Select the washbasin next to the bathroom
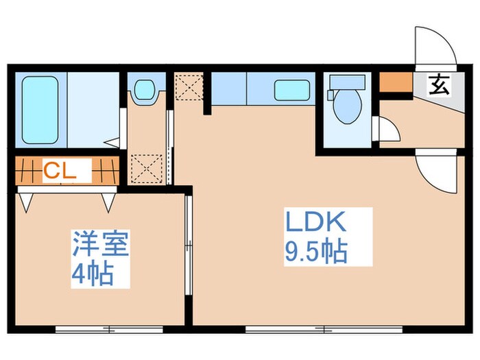point(144,90)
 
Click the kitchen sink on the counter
point(285,89)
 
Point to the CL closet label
point(59,171)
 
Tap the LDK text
point(317,224)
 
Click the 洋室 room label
point(101,245)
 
